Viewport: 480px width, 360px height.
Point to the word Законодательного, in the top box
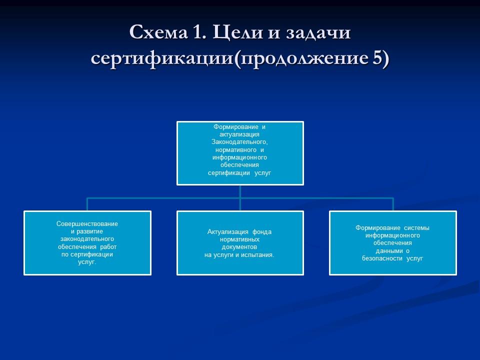240,142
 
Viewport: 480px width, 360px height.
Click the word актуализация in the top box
240,134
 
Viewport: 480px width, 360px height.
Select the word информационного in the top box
240,157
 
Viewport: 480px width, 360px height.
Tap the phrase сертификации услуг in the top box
240,172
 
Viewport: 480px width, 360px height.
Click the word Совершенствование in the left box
87,224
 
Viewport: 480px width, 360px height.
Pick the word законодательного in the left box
87,239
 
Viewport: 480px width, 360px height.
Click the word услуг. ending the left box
87,261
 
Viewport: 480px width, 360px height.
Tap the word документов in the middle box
240,247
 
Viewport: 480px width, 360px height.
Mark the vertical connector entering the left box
87,204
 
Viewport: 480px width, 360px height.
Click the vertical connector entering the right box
393,204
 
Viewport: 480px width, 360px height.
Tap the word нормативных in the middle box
240,239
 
